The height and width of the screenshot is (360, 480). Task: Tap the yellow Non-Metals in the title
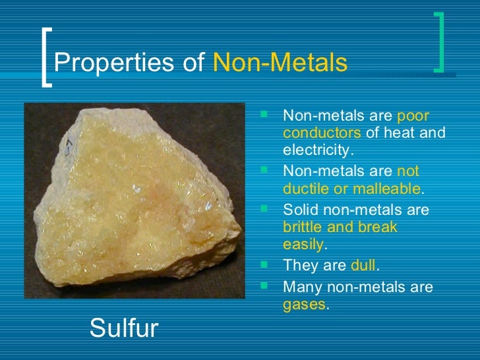pos(281,63)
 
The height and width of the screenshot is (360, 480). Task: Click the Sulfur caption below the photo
pos(123,328)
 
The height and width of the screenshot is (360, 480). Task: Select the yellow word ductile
pos(304,189)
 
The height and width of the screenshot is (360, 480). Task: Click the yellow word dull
pos(363,266)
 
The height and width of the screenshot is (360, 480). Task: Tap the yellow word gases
pos(304,305)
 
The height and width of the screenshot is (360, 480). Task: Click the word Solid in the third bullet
pos(299,210)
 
